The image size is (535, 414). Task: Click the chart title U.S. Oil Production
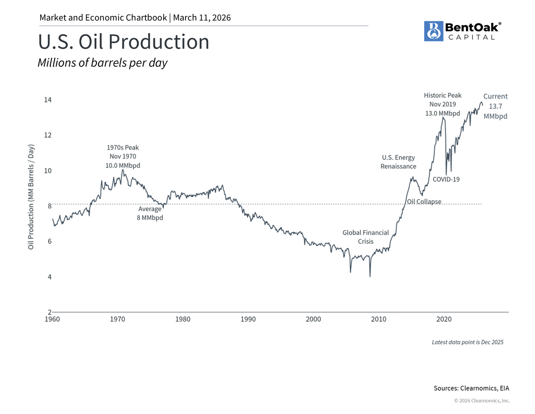tap(123, 42)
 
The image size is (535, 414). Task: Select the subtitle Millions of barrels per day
tap(102, 63)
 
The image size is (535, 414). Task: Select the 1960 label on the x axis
tap(52, 320)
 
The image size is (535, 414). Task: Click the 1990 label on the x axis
tap(248, 320)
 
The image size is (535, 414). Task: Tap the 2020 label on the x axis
tap(444, 320)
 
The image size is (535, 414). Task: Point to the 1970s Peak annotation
tap(123, 157)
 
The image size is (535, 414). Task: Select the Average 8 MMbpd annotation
tap(150, 214)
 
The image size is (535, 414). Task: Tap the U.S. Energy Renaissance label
tap(398, 162)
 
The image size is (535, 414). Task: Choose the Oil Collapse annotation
tap(424, 202)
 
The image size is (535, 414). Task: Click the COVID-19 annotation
tap(446, 179)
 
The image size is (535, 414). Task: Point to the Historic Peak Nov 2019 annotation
tap(442, 104)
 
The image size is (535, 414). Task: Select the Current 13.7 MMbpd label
tap(495, 106)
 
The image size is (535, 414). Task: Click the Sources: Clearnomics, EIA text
tap(471, 388)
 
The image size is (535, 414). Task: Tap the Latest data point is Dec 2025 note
tap(468, 342)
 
